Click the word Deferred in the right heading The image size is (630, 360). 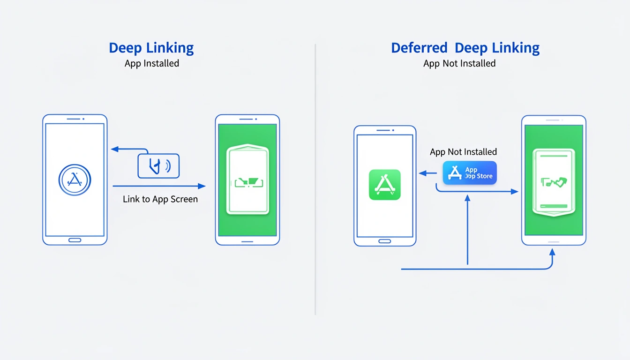coord(420,48)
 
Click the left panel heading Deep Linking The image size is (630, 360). coord(151,48)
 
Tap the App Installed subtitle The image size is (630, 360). coord(152,63)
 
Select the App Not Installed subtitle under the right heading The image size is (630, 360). coord(459,63)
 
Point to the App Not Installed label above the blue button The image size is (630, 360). coord(463,152)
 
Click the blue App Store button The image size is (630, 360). coord(470,173)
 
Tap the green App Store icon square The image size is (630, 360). coord(385,185)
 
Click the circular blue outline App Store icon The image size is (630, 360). coord(75,180)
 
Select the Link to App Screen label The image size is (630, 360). coord(160,199)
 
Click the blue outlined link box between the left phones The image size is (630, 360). coord(158,166)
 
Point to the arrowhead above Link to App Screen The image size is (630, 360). coord(202,186)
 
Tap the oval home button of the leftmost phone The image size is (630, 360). coord(75,240)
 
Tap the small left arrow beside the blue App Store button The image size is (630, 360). coord(422,173)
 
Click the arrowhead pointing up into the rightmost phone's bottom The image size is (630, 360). coord(552,252)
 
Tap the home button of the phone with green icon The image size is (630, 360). coord(385,241)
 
